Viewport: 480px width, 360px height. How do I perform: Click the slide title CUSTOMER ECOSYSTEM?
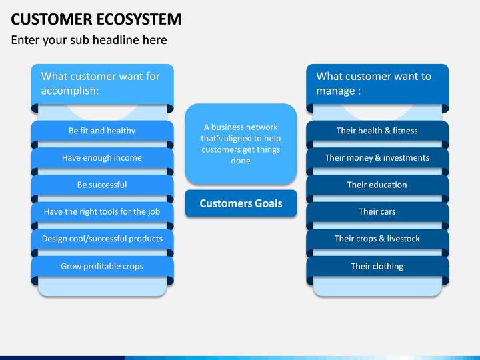[96, 19]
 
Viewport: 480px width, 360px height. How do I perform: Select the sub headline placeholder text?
[89, 40]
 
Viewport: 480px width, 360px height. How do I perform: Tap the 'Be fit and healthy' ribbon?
[102, 131]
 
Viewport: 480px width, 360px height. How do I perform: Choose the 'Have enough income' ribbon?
[102, 157]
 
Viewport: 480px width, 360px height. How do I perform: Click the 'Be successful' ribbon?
[102, 185]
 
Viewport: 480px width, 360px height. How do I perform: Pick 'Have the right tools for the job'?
[102, 211]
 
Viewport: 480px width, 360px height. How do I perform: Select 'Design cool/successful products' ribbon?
[102, 239]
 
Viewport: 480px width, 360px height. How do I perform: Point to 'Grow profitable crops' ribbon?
[102, 266]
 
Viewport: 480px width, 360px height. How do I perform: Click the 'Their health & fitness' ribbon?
[377, 131]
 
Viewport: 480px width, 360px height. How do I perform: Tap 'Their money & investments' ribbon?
[377, 157]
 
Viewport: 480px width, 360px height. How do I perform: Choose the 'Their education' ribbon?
[377, 185]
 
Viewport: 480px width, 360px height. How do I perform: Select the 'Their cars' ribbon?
[377, 211]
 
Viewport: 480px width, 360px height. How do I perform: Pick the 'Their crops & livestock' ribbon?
[377, 239]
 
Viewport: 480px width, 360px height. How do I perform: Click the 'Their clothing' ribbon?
[377, 266]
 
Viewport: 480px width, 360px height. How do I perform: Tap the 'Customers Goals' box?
[241, 203]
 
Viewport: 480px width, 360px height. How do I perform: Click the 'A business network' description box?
[241, 144]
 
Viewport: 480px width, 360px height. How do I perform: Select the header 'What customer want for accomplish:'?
[102, 84]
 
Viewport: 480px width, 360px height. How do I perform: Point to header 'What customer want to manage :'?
[377, 84]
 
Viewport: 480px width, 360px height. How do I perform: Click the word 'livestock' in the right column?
[403, 239]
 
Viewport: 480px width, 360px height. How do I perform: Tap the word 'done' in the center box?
[241, 161]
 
